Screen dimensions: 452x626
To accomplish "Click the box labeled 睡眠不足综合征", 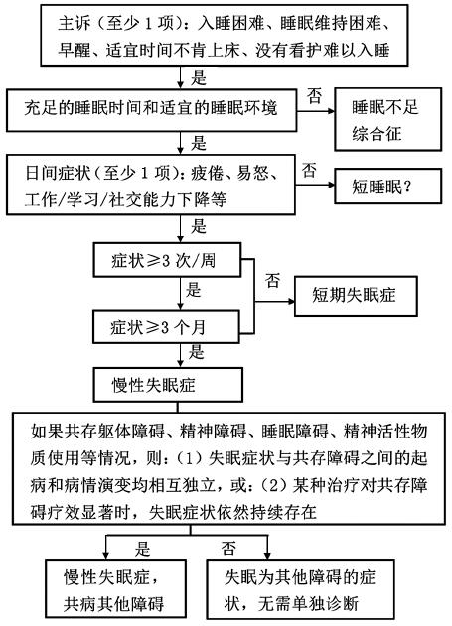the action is pyautogui.click(x=387, y=119).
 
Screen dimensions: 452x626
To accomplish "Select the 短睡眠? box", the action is pyautogui.click(x=387, y=187).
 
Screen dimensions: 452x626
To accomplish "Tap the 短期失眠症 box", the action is pyautogui.click(x=356, y=296).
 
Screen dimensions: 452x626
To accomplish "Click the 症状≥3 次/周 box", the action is pyautogui.click(x=167, y=260).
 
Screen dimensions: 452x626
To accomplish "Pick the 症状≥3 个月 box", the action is pyautogui.click(x=166, y=327).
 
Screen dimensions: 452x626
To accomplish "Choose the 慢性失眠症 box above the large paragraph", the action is pyautogui.click(x=168, y=385).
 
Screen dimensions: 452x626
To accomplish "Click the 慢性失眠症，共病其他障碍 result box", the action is pyautogui.click(x=115, y=588).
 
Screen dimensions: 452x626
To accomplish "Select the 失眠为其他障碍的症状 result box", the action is pyautogui.click(x=300, y=588).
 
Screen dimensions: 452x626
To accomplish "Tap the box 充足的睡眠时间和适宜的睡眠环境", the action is pyautogui.click(x=151, y=110).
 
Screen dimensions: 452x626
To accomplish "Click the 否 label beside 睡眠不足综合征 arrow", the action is pyautogui.click(x=314, y=96).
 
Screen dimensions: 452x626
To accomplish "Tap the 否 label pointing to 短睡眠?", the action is pyautogui.click(x=309, y=170).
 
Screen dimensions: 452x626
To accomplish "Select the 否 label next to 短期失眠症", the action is pyautogui.click(x=272, y=280).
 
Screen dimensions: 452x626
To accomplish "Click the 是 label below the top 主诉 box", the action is pyautogui.click(x=199, y=77).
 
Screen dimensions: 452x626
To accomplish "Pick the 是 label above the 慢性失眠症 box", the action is pyautogui.click(x=197, y=352).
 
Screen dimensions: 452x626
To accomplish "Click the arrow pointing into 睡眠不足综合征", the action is pyautogui.click(x=316, y=111).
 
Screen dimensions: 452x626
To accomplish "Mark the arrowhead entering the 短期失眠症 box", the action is pyautogui.click(x=291, y=301).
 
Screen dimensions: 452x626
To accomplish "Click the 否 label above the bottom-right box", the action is pyautogui.click(x=228, y=548).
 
